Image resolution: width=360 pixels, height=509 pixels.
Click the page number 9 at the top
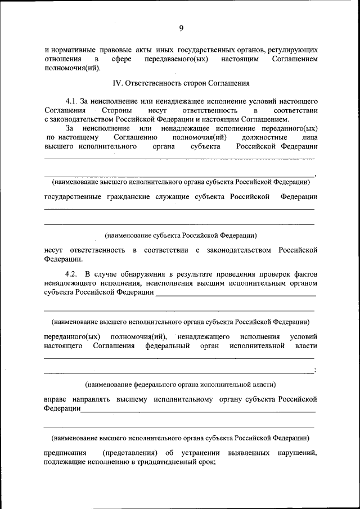coord(181,28)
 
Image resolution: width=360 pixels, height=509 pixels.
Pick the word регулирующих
coord(292,49)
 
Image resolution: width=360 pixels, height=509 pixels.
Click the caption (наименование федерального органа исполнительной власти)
coord(181,385)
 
